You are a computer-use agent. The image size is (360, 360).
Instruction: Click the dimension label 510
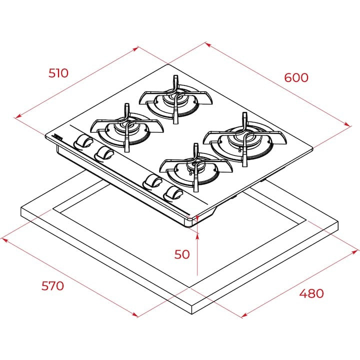point(58,73)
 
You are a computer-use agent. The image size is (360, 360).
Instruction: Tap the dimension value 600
point(296,77)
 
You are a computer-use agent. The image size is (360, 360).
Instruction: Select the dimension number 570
point(52,286)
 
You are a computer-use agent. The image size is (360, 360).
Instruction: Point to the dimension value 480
point(311,293)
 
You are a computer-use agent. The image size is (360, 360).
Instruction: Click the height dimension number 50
point(182,254)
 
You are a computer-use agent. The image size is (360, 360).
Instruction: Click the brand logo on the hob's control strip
point(58,136)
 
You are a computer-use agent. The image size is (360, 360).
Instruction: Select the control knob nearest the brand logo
point(82,142)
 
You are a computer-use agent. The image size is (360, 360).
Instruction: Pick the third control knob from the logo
point(152,181)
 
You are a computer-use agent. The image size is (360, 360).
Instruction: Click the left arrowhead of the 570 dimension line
point(4,239)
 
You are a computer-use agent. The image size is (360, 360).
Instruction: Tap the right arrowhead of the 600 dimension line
point(348,124)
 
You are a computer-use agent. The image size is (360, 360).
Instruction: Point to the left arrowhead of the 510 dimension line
point(17,117)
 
